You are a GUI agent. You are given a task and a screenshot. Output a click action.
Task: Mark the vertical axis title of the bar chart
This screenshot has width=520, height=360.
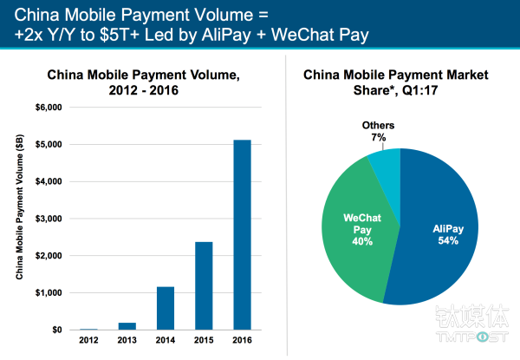(x=19, y=217)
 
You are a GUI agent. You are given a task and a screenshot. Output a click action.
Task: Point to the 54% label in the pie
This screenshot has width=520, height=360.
(x=445, y=241)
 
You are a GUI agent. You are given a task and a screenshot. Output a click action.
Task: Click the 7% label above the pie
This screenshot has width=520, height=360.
(x=379, y=138)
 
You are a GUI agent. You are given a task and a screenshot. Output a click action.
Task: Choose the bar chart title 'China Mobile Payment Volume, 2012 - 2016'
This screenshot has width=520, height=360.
(x=143, y=82)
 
